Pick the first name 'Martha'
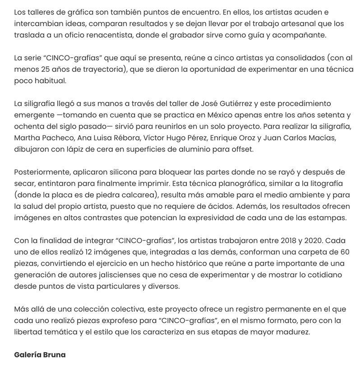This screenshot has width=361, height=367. [x=28, y=138]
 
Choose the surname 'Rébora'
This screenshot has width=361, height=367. [x=131, y=138]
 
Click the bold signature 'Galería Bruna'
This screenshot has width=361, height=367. [x=40, y=355]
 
